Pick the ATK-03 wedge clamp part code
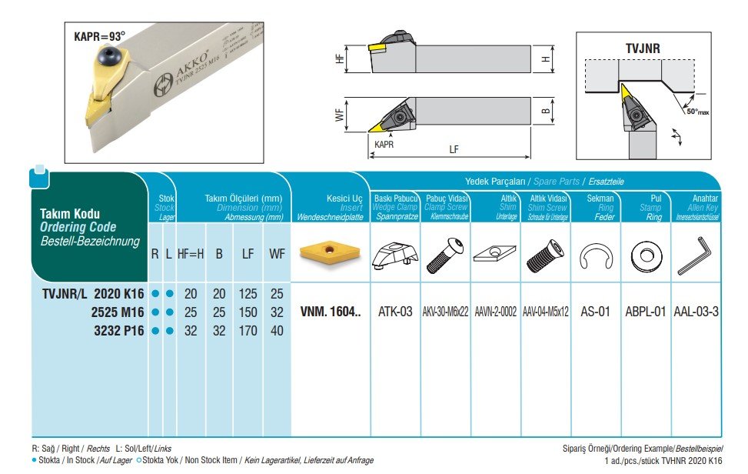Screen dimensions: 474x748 [396, 312]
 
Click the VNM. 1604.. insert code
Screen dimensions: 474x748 [331, 312]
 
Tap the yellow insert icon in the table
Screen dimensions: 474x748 [331, 254]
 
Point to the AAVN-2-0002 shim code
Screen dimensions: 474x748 [496, 312]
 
